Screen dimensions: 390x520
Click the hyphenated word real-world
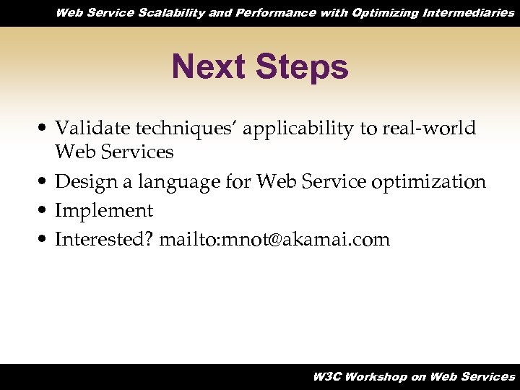click(428, 129)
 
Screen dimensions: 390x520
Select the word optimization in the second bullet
click(428, 183)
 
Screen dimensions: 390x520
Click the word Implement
click(104, 211)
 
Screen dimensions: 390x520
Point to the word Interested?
click(104, 239)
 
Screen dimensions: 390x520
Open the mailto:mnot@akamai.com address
click(274, 239)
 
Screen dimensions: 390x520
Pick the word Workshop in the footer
click(376, 376)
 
